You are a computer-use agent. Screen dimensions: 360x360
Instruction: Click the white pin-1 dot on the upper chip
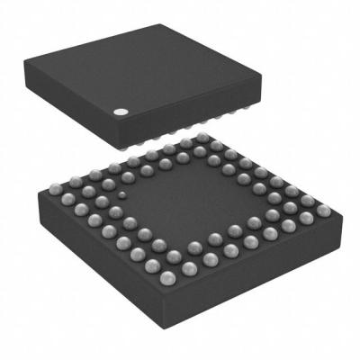(x=119, y=112)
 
